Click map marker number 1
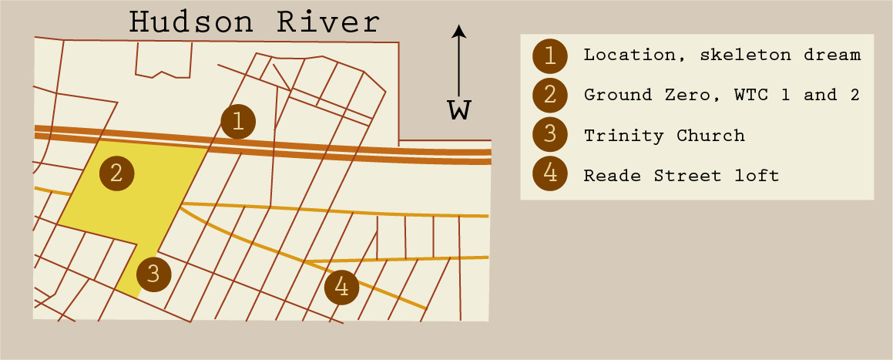[x=238, y=120]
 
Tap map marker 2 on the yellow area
[x=116, y=173]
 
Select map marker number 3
[x=153, y=273]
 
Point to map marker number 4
[x=342, y=288]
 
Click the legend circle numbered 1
[x=549, y=56]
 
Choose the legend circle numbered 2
[x=549, y=96]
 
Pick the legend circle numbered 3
[x=549, y=136]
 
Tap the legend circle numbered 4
[x=549, y=176]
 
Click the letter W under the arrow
[x=459, y=110]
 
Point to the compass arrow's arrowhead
[x=459, y=32]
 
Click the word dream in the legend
[x=836, y=56]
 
